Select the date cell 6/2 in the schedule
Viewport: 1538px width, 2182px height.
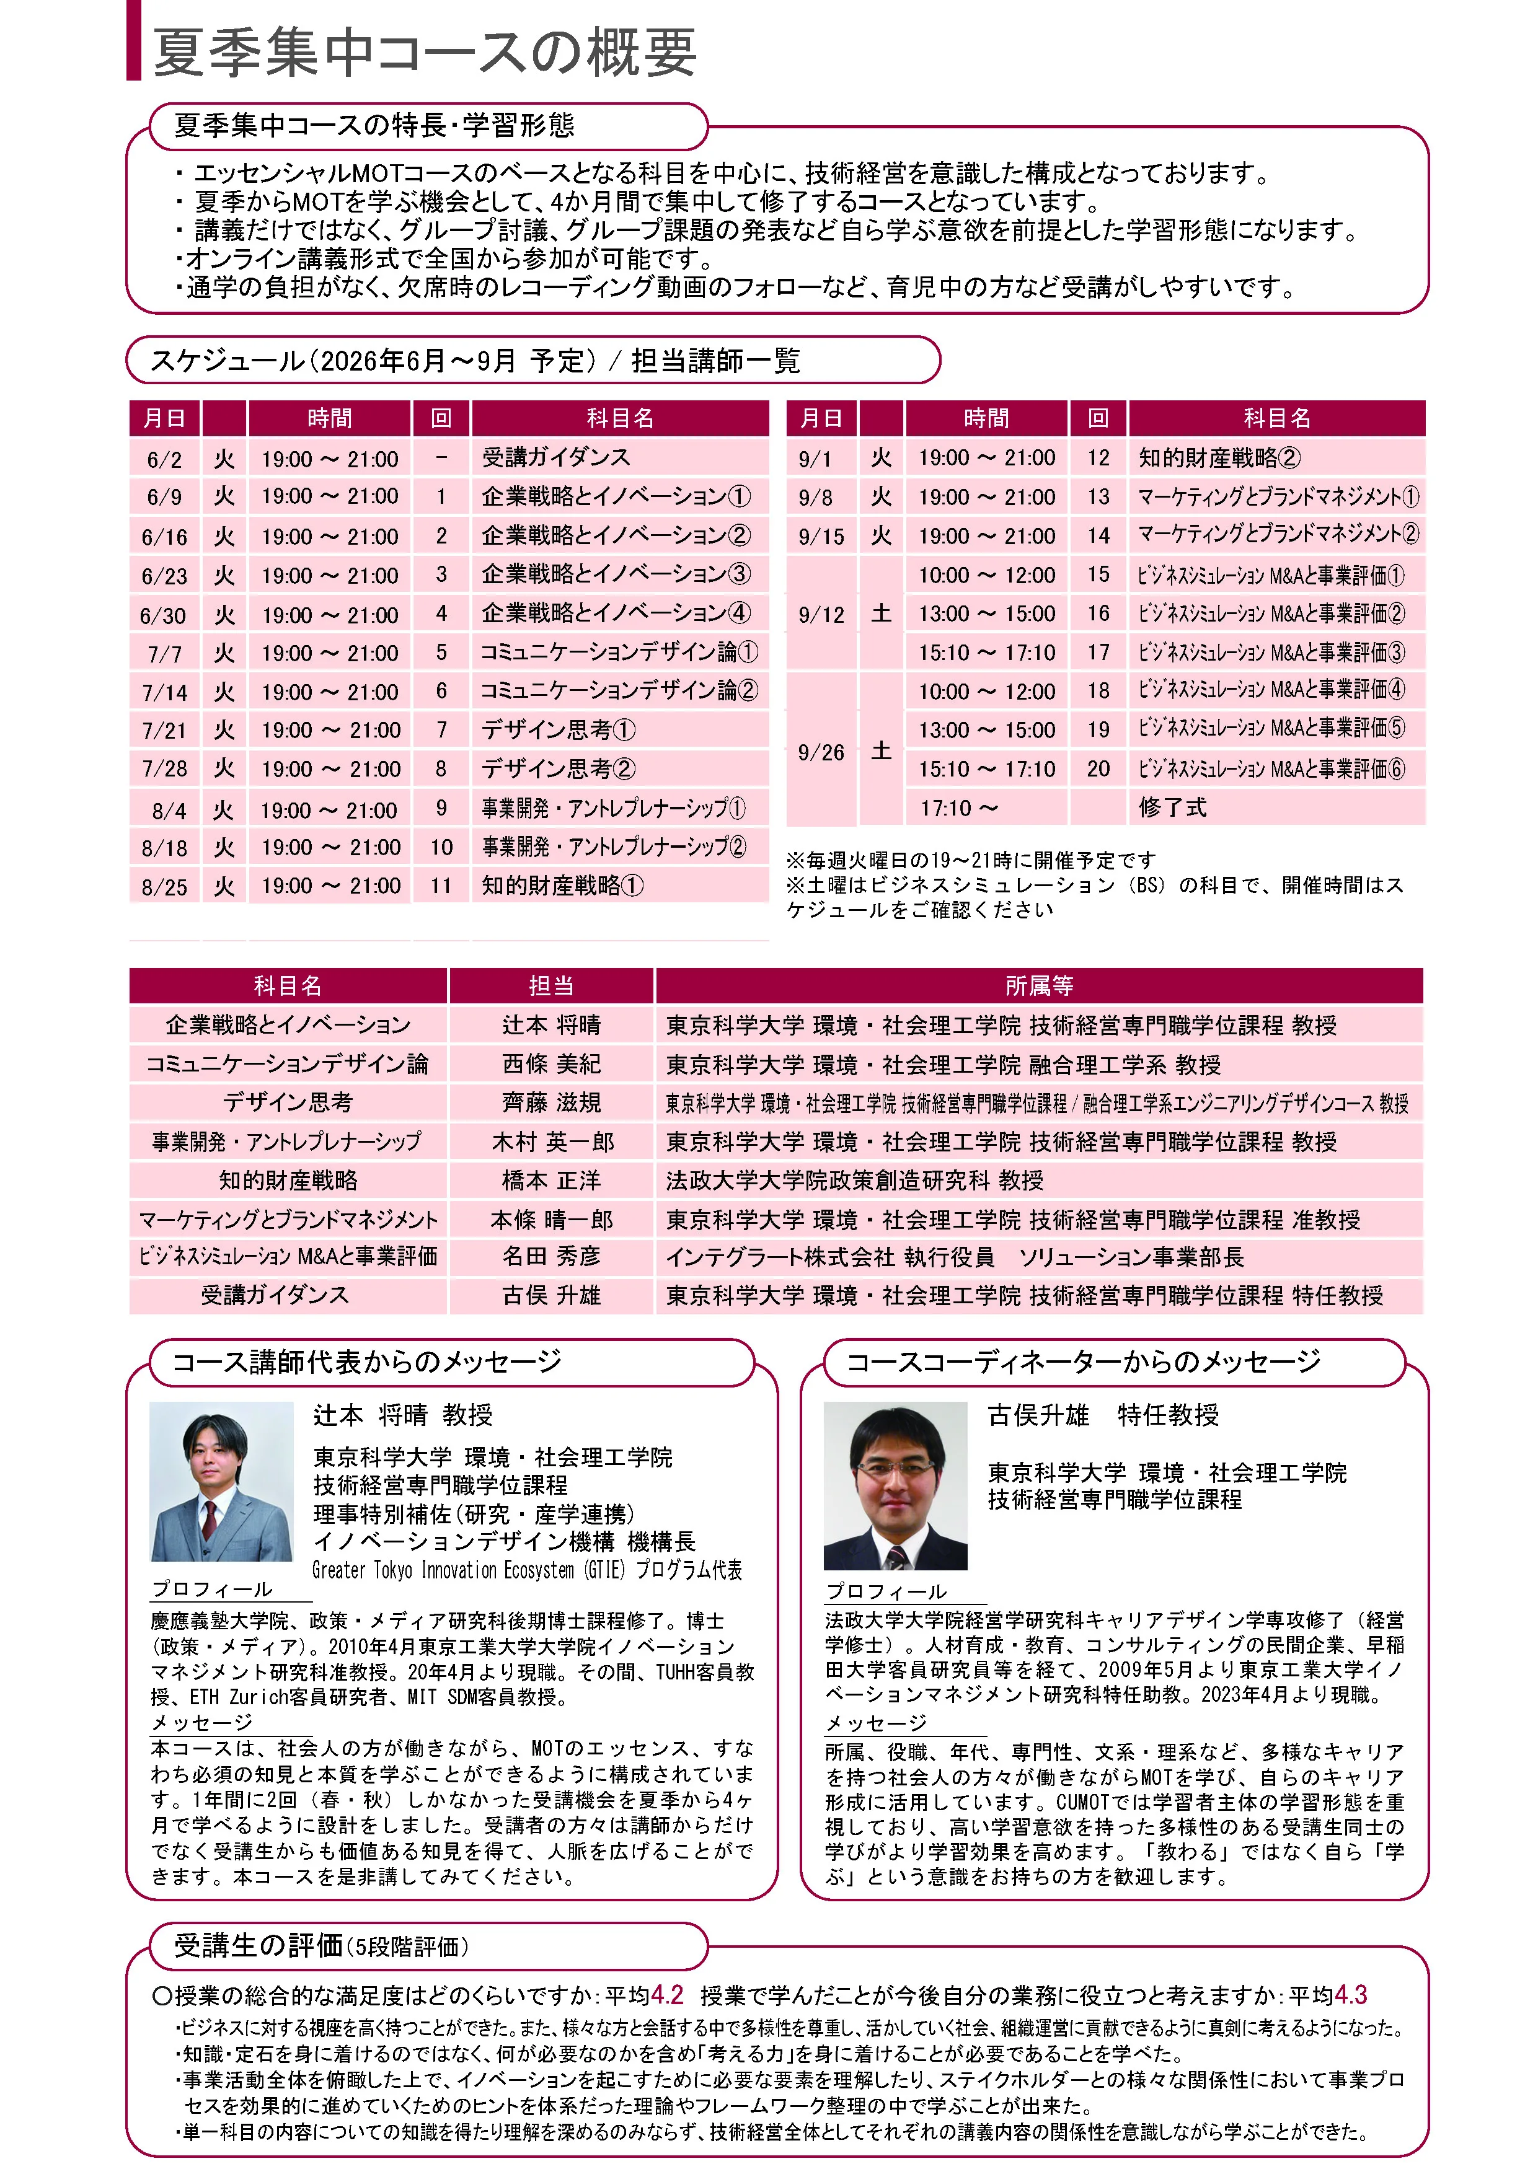[164, 460]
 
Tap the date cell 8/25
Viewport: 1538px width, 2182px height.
[164, 887]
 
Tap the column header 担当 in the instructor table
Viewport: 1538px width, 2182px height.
[551, 985]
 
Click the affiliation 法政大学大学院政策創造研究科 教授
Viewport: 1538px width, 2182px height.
[854, 1181]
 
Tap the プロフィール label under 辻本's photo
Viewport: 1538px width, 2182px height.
[211, 1589]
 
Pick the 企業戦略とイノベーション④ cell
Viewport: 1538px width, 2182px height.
[615, 613]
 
